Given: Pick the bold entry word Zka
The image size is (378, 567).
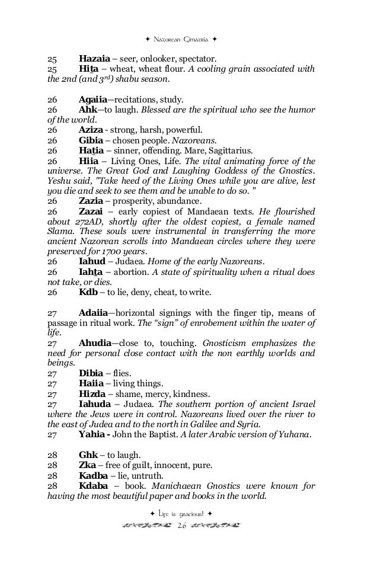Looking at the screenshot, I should [88, 466].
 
